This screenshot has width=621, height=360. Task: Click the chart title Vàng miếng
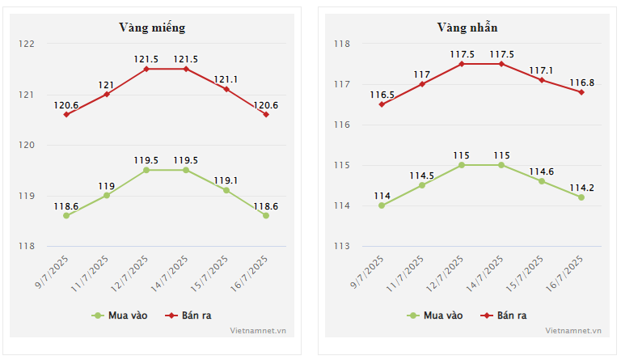click(x=152, y=28)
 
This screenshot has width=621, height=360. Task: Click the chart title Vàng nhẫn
click(x=467, y=28)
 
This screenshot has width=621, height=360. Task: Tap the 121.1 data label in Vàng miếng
click(x=226, y=78)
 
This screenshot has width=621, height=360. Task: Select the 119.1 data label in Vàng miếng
click(x=226, y=180)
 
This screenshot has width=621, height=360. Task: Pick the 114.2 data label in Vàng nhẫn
click(x=581, y=187)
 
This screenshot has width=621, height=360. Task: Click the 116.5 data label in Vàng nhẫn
click(x=382, y=94)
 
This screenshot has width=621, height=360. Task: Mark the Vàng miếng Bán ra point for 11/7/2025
click(x=106, y=95)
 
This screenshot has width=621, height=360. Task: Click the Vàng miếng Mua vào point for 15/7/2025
click(x=226, y=190)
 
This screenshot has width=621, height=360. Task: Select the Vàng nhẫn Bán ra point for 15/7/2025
click(x=542, y=80)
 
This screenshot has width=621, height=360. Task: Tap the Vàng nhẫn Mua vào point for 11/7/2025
click(x=421, y=185)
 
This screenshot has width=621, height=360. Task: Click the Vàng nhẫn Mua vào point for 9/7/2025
click(x=382, y=205)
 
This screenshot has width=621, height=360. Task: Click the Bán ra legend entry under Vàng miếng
click(x=191, y=315)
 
